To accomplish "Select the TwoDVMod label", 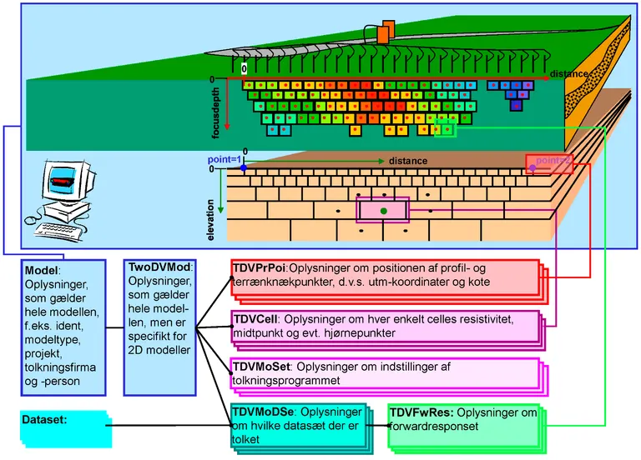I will coord(159,267).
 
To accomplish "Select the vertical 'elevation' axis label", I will coord(210,219).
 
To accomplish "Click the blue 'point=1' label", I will coord(224,158).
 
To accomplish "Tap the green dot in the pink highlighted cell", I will coord(383,212).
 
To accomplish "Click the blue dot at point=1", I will coord(243,168).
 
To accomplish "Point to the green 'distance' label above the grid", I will coord(408,161).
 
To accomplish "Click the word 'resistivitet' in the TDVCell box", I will coord(485,319).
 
